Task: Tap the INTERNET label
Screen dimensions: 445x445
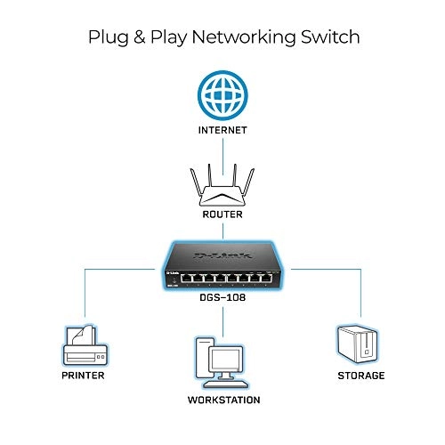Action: (x=222, y=131)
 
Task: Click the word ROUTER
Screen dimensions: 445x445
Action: (x=222, y=214)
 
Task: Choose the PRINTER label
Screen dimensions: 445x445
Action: (x=84, y=376)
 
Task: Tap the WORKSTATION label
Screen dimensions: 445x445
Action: (x=222, y=400)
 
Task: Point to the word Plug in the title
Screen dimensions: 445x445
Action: (x=107, y=39)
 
